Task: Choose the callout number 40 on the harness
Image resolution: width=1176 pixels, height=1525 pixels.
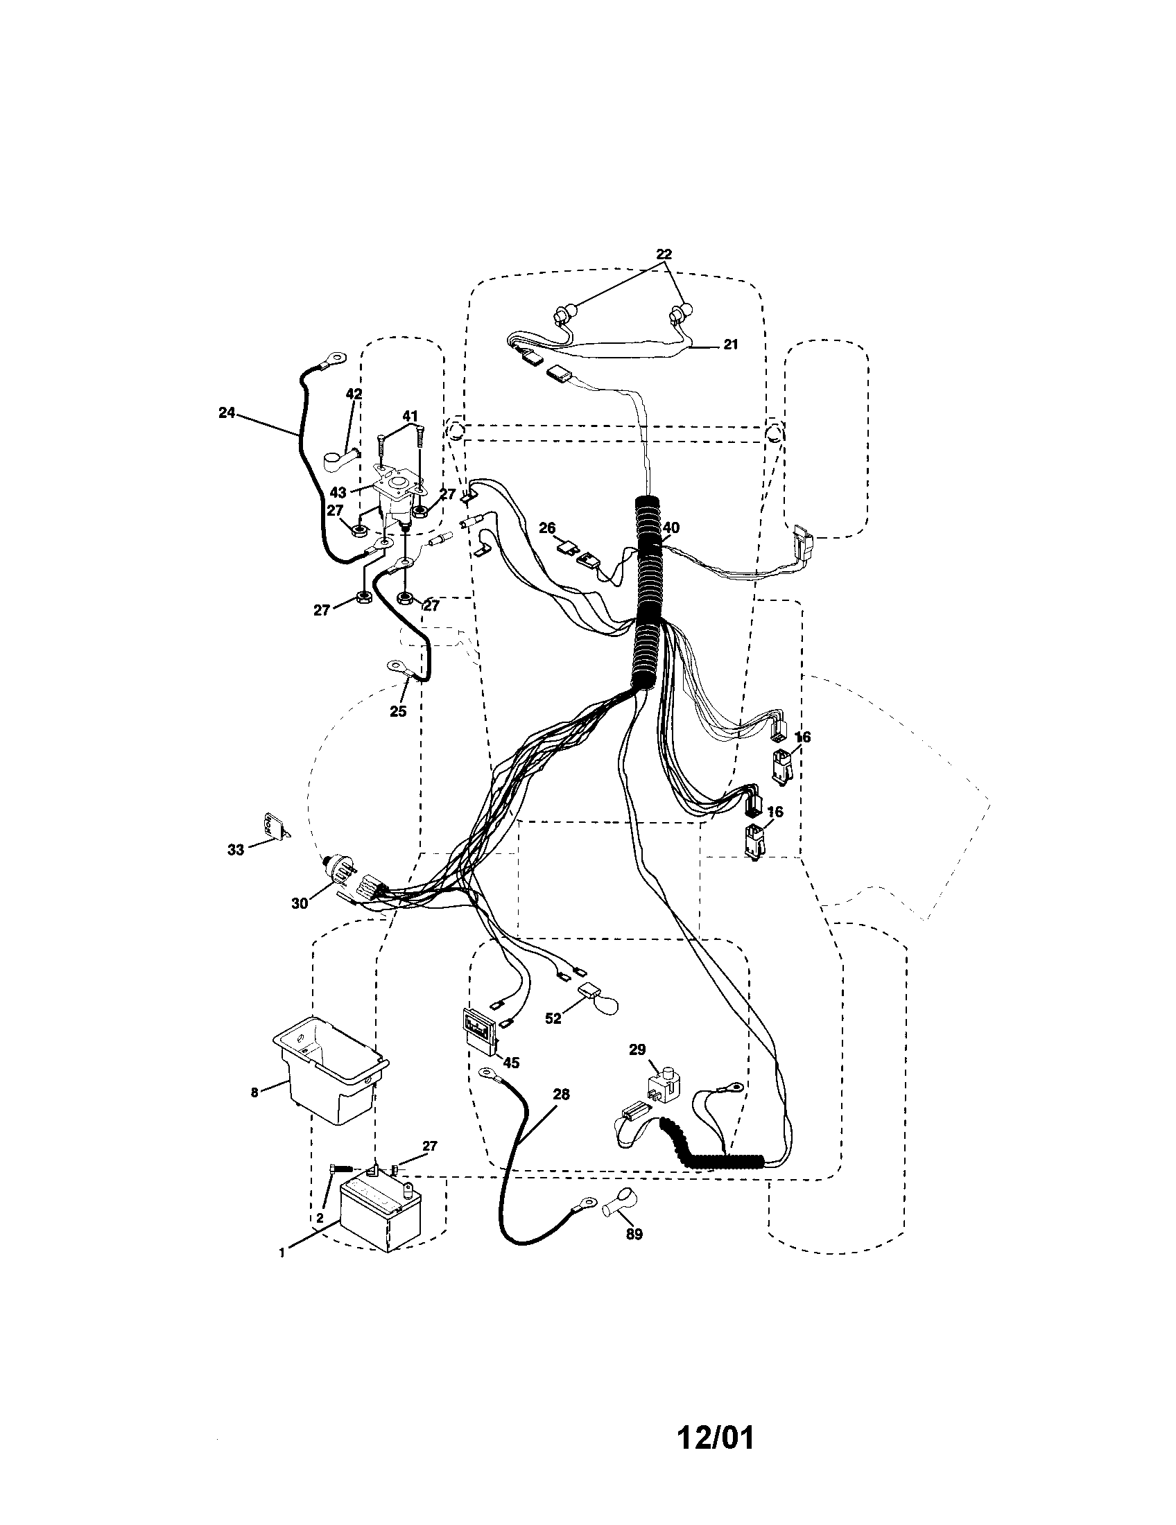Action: pos(670,528)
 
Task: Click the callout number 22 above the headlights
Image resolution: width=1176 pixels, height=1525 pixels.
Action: pos(664,254)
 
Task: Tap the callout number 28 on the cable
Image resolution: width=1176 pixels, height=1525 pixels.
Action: pos(561,1095)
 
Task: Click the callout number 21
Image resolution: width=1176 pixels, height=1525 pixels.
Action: pos(729,345)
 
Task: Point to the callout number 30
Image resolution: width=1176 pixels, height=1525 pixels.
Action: pos(300,903)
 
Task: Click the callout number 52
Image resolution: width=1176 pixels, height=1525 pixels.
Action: pos(553,1019)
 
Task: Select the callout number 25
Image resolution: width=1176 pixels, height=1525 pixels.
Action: pos(397,711)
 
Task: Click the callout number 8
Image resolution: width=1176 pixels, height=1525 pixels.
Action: pos(254,1092)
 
